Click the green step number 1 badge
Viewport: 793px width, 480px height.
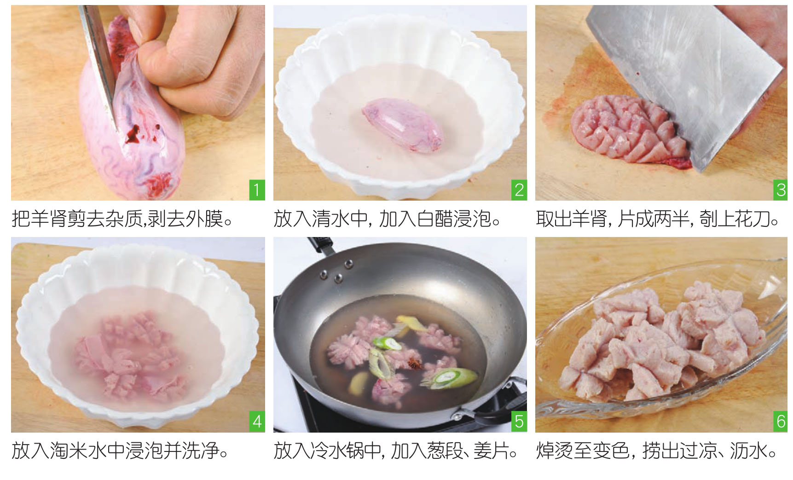(257, 190)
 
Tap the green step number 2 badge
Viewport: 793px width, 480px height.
(519, 190)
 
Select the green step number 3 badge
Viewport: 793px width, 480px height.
(780, 190)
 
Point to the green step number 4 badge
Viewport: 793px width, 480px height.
(257, 422)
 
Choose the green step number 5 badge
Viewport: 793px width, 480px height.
(519, 422)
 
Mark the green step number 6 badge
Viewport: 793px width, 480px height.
(780, 422)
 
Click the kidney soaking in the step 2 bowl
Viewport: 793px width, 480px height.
(404, 121)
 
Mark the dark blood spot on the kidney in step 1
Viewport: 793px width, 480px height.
(132, 133)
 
